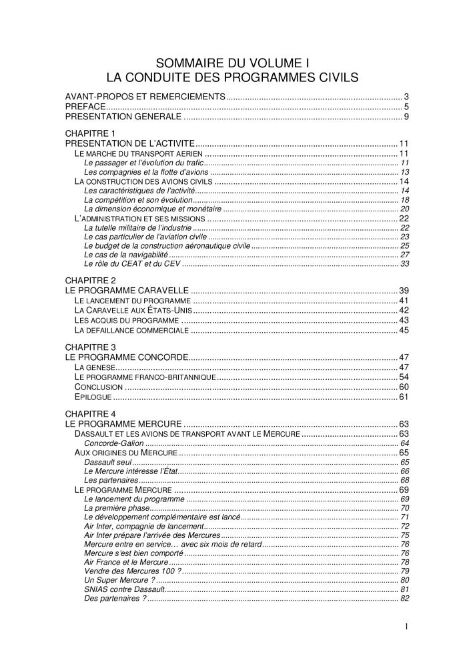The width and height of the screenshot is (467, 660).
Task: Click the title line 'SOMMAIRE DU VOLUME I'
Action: (233, 63)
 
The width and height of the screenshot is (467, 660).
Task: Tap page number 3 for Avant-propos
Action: (406, 97)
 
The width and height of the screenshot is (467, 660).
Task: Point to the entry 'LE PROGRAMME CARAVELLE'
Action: (127, 291)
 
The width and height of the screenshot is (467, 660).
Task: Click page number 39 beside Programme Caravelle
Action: (404, 291)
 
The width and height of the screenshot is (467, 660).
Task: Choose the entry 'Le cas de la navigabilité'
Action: (126, 255)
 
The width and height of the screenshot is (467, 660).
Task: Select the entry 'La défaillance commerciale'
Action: (131, 330)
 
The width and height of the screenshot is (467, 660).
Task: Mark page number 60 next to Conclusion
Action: (404, 387)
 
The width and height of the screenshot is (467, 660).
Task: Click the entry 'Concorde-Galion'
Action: (113, 443)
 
